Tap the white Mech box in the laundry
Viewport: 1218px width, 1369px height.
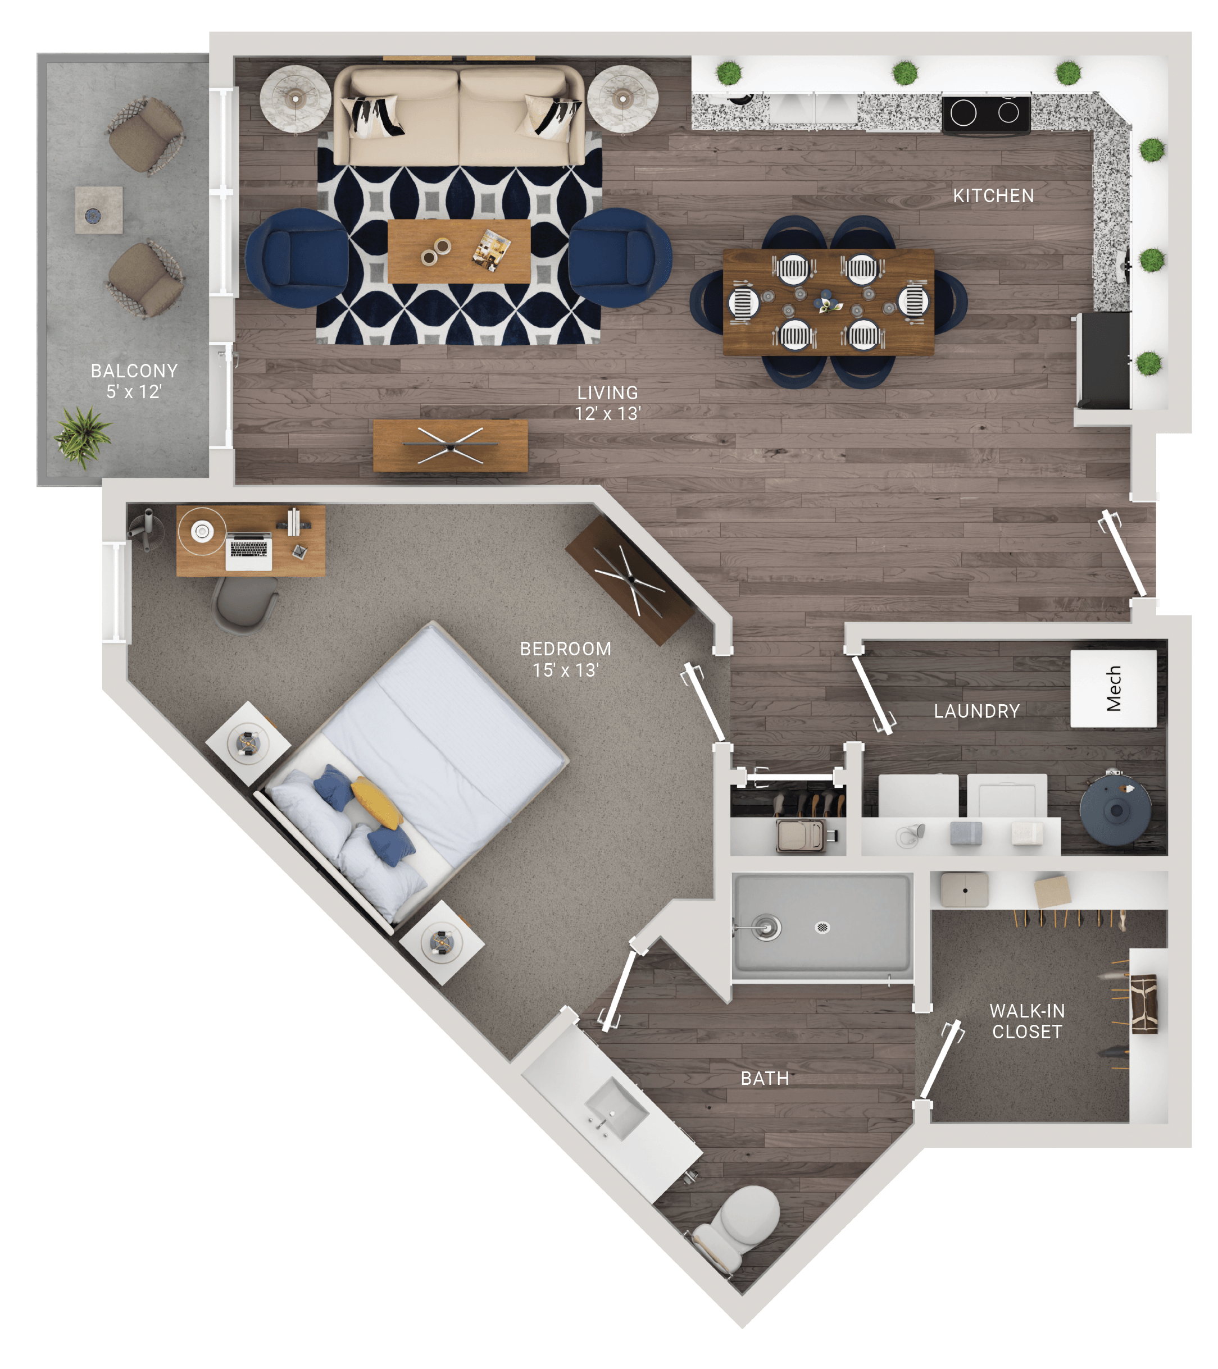1113,688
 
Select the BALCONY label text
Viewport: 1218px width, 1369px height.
134,371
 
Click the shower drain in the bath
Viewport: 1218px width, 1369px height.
822,927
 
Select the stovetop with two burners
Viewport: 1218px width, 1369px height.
985,115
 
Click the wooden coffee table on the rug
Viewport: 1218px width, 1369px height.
459,251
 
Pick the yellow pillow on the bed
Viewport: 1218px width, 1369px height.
377,802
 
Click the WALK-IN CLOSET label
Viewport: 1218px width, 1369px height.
1027,1021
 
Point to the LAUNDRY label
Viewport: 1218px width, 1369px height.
977,711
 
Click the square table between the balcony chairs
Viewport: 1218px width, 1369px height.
98,209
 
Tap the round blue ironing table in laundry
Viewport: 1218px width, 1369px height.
1116,809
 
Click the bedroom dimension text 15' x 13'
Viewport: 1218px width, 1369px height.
565,670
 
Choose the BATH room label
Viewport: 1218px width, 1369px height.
765,1078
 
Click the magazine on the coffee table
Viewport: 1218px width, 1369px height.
492,250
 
